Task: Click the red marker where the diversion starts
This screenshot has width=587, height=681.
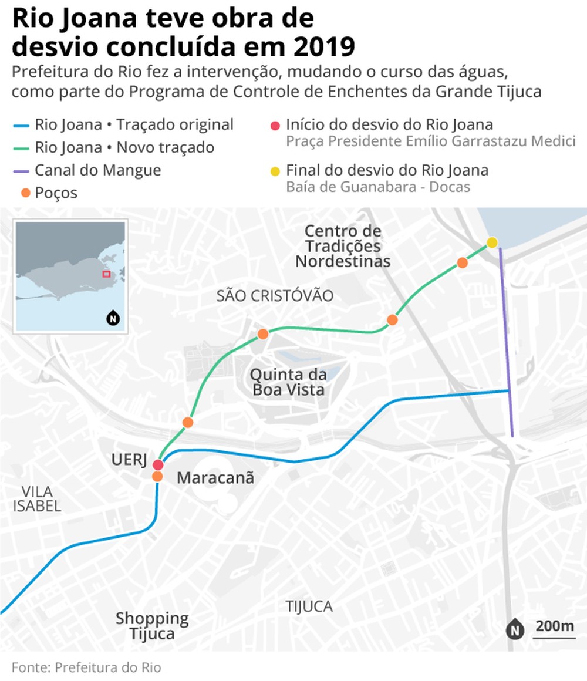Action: pyautogui.click(x=158, y=465)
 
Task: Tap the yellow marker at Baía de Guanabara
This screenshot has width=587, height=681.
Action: pyautogui.click(x=492, y=242)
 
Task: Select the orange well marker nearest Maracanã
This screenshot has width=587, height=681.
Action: pyautogui.click(x=157, y=477)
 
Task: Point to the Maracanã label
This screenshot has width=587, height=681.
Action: pyautogui.click(x=215, y=478)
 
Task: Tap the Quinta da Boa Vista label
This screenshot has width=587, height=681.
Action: pyautogui.click(x=288, y=382)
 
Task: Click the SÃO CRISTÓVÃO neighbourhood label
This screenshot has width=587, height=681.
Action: pyautogui.click(x=275, y=296)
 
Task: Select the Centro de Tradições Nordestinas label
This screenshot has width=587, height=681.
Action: pyautogui.click(x=343, y=246)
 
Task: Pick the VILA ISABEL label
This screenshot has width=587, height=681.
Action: pyautogui.click(x=36, y=498)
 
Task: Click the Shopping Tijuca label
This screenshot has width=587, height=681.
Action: pyautogui.click(x=153, y=626)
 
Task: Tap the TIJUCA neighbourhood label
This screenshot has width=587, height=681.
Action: pyautogui.click(x=309, y=606)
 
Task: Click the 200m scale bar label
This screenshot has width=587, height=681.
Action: pyautogui.click(x=554, y=626)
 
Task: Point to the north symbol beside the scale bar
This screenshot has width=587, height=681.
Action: pyautogui.click(x=515, y=630)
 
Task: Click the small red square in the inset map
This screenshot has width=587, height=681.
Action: pyautogui.click(x=106, y=274)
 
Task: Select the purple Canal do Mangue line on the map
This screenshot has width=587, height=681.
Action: pyautogui.click(x=506, y=340)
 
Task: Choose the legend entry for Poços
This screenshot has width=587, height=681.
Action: pyautogui.click(x=56, y=193)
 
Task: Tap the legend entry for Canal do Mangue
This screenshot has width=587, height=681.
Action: pyautogui.click(x=97, y=170)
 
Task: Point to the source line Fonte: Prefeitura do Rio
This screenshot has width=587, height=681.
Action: pyautogui.click(x=86, y=667)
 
